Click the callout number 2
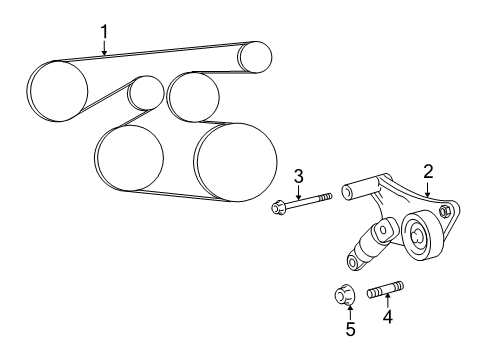pyautogui.click(x=427, y=172)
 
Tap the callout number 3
pyautogui.click(x=298, y=178)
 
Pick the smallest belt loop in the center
pyautogui.click(x=146, y=93)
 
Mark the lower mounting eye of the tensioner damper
pyautogui.click(x=353, y=262)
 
